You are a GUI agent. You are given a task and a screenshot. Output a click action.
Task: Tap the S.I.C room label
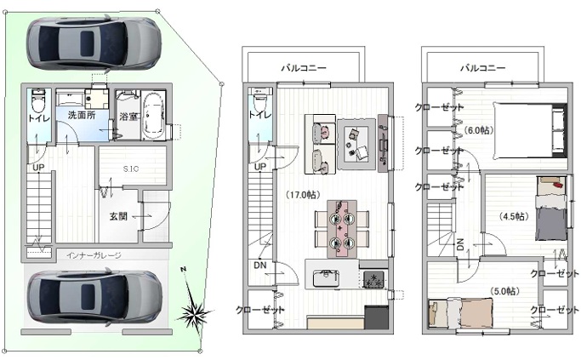coord(131,169)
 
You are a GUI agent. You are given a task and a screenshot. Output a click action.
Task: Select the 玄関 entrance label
coord(118,216)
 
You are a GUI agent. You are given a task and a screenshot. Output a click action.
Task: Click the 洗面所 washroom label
coord(82,115)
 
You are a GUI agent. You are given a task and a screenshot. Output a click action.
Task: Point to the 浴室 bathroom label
coord(128,117)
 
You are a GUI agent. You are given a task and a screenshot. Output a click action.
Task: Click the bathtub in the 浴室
coord(153,115)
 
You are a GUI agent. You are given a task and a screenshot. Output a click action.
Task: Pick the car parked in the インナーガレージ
coord(94,297)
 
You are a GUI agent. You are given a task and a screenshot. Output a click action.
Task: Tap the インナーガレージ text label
coord(94,255)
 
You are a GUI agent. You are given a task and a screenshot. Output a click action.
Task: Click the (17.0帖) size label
coord(303,195)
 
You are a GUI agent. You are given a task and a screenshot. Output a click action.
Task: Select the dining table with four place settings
coord(342,229)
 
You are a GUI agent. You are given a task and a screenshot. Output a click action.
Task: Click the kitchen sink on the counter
coord(326,278)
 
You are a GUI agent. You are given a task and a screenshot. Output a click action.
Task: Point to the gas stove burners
coord(373,279)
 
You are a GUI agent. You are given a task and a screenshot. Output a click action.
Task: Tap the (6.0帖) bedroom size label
coord(479,130)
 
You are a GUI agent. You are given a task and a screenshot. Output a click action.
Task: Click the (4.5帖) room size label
coord(514,216)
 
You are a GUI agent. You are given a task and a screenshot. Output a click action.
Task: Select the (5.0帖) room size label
coord(504,291)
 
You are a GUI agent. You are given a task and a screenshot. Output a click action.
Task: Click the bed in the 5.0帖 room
coord(460,312)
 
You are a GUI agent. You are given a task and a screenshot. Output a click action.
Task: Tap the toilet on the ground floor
coord(37,100)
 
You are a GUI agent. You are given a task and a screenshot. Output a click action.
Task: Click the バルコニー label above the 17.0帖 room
coord(304,68)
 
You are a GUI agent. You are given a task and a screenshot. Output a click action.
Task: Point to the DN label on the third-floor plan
coord(460,244)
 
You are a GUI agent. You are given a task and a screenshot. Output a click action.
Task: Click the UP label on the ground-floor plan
coord(38,168)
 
